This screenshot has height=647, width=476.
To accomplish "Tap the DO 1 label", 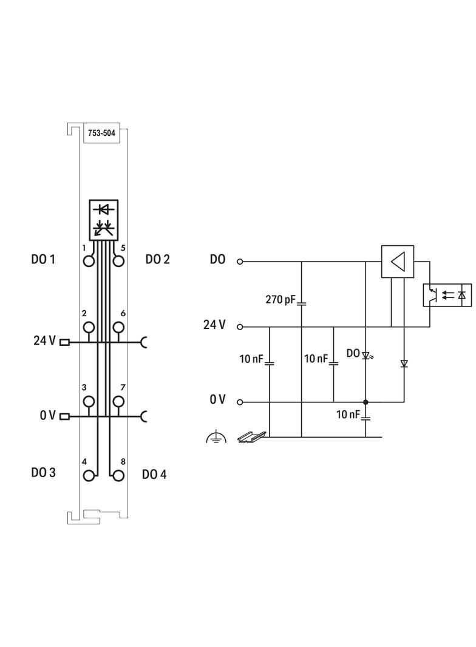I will [43, 260].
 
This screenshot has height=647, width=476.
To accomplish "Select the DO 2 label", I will [158, 260].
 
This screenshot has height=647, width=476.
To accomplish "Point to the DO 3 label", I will [44, 472].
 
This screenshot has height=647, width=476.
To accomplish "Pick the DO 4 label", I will [154, 474].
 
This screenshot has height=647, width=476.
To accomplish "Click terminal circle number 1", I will [89, 261].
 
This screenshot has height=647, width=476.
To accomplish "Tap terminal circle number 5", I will [118, 261].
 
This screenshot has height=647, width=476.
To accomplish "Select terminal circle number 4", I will [89, 475].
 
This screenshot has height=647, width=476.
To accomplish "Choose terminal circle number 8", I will [118, 475].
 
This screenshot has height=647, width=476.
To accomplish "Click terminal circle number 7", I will [118, 401].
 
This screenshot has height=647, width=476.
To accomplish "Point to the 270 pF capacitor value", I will [281, 299].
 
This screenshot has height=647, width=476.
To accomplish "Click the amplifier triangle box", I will [398, 262].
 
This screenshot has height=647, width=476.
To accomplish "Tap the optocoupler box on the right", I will [447, 294].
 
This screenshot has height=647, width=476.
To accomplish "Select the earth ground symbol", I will [216, 436].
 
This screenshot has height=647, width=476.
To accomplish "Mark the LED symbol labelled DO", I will [366, 356].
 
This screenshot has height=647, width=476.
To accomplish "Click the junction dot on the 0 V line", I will [365, 402].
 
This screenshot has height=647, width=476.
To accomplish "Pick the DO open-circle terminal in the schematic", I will [240, 262].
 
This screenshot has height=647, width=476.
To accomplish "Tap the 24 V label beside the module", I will [44, 340].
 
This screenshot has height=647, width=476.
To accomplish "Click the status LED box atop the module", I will [104, 218].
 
